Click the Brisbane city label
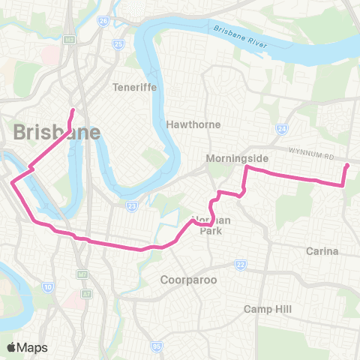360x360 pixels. [x=57, y=133]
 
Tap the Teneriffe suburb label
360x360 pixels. [x=133, y=86]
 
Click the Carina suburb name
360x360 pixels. [x=323, y=250]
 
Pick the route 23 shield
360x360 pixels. [x=131, y=205]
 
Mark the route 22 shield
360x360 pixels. [x=240, y=264]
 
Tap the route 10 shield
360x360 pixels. [x=47, y=286]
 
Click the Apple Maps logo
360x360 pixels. [x=26, y=347]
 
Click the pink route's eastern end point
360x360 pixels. [x=347, y=165]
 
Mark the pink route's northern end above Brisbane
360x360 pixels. [x=73, y=111]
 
